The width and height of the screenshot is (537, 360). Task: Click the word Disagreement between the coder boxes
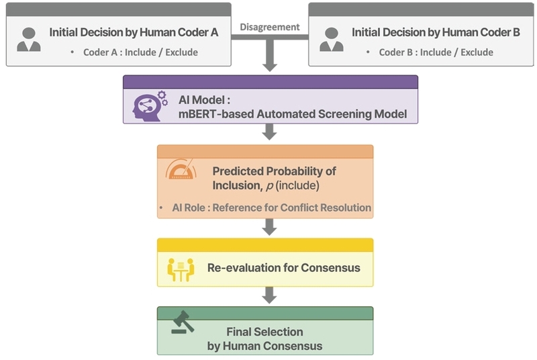tap(270, 27)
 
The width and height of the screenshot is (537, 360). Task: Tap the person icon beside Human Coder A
tap(29, 40)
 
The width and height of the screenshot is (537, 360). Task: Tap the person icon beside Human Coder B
tap(332, 40)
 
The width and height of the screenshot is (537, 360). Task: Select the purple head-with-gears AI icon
tap(150, 106)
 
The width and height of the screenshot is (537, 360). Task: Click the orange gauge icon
tap(181, 169)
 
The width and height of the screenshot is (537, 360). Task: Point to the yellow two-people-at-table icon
tap(181, 269)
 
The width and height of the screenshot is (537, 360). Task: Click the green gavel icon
tap(183, 322)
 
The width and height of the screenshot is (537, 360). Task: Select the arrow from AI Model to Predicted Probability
tap(270, 132)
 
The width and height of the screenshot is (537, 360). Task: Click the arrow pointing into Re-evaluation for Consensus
tap(270, 227)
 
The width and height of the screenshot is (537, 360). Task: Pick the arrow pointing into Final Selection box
tap(270, 296)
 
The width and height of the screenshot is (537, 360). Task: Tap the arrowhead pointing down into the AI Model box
tap(270, 66)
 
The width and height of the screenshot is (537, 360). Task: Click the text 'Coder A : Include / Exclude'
tap(140, 52)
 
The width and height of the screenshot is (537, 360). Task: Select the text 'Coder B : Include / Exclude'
tap(436, 52)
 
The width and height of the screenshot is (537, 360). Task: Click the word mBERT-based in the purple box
tap(216, 114)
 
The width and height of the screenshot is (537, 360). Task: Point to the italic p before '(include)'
tap(270, 186)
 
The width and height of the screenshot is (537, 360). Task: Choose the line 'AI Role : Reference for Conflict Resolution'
tap(272, 208)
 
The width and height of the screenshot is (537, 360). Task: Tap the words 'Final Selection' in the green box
tap(264, 332)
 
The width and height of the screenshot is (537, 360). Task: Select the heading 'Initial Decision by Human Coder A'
tap(134, 32)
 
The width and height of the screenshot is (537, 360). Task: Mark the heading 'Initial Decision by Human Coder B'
tap(436, 32)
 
